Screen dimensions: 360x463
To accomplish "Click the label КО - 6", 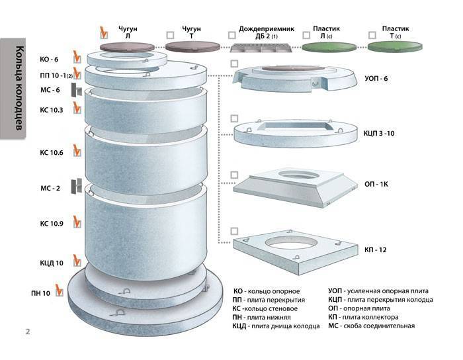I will click(50, 59).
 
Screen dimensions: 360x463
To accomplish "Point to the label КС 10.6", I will click(51, 153).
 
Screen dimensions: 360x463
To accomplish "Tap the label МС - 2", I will click(50, 189).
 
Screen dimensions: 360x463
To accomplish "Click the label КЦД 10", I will click(51, 263).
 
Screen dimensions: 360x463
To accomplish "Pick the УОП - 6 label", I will click(376, 79).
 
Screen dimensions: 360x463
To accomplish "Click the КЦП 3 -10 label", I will click(380, 133).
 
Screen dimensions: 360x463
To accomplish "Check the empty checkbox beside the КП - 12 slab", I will click(234, 231).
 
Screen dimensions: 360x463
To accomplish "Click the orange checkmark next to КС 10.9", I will click(77, 221).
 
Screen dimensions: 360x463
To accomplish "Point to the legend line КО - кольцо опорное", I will click(267, 291).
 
